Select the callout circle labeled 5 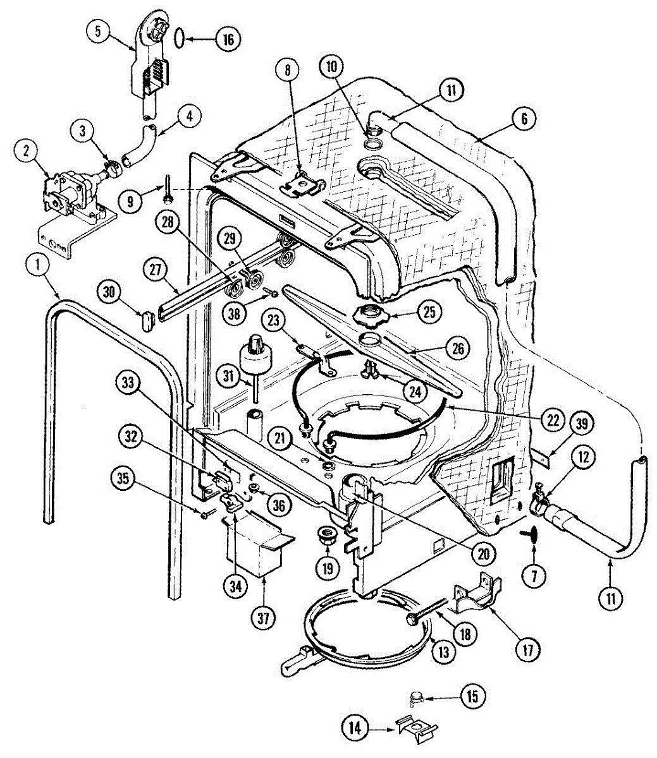click(99, 32)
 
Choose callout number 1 click(39, 267)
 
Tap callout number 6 click(524, 119)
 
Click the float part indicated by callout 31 click(258, 354)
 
